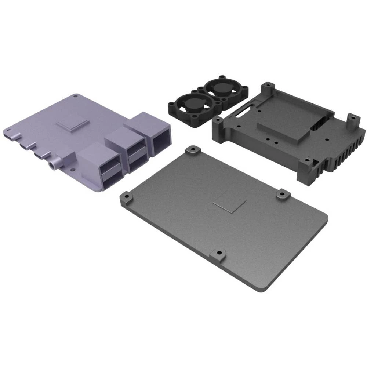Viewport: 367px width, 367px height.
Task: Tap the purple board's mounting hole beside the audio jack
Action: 72,170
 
